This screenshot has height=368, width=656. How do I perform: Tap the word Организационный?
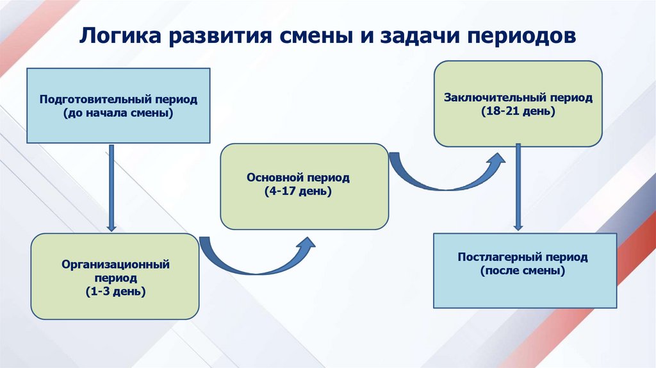(x=115, y=263)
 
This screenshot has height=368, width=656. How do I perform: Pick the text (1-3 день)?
(x=115, y=292)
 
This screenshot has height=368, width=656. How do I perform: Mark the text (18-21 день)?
(x=519, y=111)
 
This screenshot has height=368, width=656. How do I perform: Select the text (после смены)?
(x=523, y=271)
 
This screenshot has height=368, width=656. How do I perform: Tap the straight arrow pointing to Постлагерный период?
(x=518, y=186)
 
